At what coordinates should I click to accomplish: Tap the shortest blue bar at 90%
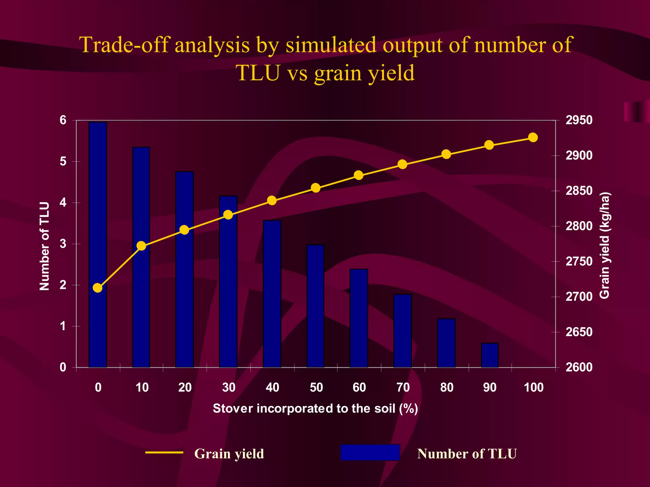[490, 355]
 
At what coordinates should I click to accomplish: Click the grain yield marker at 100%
[533, 138]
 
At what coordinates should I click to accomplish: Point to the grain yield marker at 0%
[98, 288]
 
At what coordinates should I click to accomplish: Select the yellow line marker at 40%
[272, 200]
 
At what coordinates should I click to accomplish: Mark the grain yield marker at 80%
[446, 154]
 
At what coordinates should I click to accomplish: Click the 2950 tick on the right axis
[579, 120]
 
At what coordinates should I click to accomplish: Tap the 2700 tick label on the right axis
[579, 297]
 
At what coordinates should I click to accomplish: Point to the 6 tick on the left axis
[63, 120]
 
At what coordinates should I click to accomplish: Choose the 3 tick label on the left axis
[63, 244]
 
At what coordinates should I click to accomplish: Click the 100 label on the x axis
[534, 387]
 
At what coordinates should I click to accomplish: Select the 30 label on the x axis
[229, 387]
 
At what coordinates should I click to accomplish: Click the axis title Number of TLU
[45, 246]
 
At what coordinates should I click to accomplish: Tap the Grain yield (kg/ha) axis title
[605, 245]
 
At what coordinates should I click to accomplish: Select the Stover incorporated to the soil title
[315, 408]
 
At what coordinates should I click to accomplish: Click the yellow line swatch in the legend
[164, 452]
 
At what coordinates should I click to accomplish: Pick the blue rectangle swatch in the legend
[370, 452]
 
